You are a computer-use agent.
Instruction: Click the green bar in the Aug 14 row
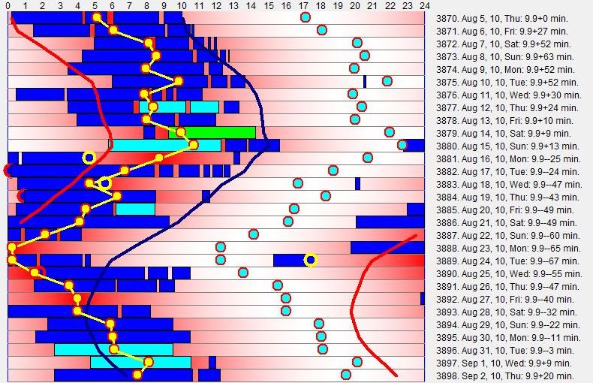pos(219,132)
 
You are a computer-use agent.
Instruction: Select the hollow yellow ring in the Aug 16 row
pos(89,158)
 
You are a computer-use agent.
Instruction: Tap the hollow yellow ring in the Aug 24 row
pos(310,260)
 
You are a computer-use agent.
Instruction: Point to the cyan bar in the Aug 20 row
pos(135,209)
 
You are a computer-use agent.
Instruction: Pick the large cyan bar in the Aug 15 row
pos(166,145)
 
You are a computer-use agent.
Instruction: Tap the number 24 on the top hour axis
pos(425,5)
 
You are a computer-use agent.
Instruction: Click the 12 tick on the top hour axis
pos(216,5)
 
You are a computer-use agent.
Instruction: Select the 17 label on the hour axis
pos(303,5)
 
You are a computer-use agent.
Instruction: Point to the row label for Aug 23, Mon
pos(507,248)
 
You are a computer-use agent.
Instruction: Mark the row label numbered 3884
pos(507,197)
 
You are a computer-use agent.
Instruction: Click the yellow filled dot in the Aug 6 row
pos(113,30)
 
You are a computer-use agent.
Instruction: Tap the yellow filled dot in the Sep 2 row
pos(137,374)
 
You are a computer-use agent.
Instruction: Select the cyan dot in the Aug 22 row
pos(254,234)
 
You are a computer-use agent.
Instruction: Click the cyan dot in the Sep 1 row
pos(357,362)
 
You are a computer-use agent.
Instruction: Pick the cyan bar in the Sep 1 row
pos(140,362)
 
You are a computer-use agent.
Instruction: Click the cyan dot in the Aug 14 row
pos(390,132)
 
